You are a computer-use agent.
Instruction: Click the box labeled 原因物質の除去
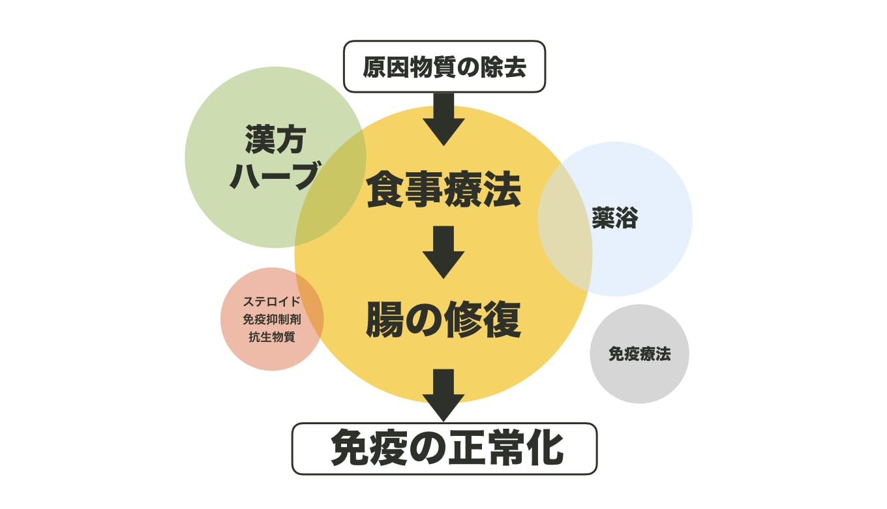pyautogui.click(x=443, y=67)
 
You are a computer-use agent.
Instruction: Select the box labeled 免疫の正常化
pyautogui.click(x=443, y=448)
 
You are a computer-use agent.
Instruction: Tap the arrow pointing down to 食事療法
pyautogui.click(x=443, y=119)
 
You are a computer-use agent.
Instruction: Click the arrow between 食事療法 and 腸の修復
pyautogui.click(x=443, y=252)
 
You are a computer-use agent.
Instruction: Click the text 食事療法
pyautogui.click(x=443, y=189)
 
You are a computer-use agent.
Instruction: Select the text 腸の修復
pyautogui.click(x=443, y=320)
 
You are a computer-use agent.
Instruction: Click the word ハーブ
pyautogui.click(x=274, y=175)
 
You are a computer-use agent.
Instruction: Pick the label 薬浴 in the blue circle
pyautogui.click(x=614, y=219)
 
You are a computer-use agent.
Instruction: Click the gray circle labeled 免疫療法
pyautogui.click(x=639, y=354)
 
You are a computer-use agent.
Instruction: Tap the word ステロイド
pyautogui.click(x=272, y=302)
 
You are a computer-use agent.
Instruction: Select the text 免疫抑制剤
pyautogui.click(x=272, y=320)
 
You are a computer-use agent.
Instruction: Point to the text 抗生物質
pyautogui.click(x=272, y=337)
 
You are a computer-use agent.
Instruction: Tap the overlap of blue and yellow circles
pyautogui.click(x=565, y=222)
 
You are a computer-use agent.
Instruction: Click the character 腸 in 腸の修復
pyautogui.click(x=385, y=320)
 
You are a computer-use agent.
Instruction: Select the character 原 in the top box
pyautogui.click(x=374, y=67)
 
